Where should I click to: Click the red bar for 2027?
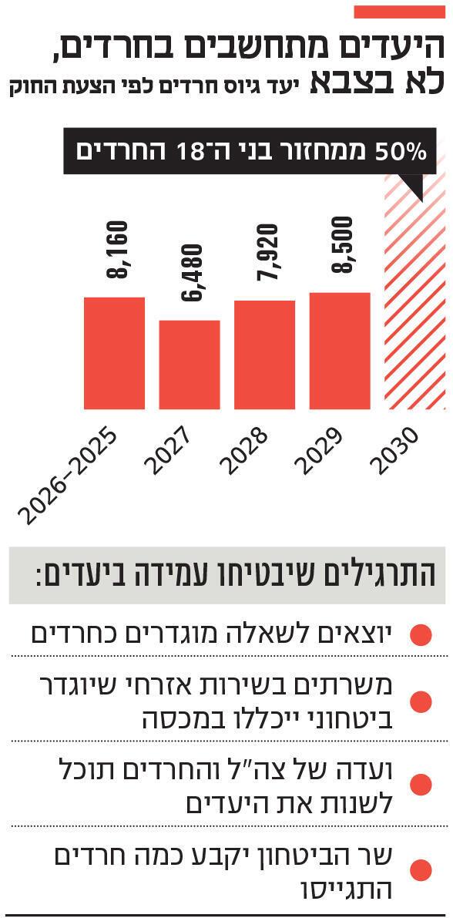click(190, 364)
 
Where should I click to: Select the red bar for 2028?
click(264, 355)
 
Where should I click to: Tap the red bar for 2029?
click(340, 351)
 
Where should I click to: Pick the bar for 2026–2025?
click(114, 352)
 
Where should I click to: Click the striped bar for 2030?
click(416, 308)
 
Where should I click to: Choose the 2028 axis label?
click(243, 452)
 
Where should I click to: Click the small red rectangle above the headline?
click(396, 12)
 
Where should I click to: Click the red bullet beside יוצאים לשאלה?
click(421, 635)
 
